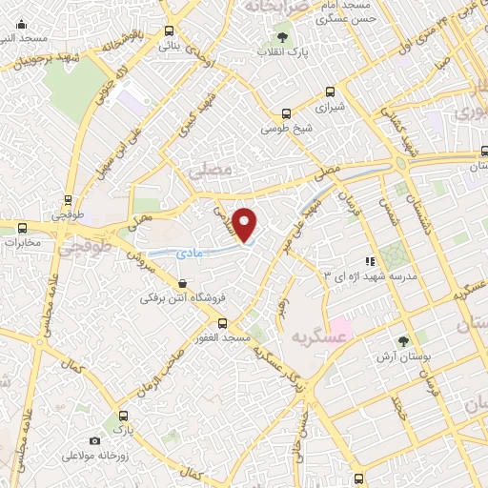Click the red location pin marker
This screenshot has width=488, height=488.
[x=246, y=224]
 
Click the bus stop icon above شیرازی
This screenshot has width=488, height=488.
[x=330, y=92]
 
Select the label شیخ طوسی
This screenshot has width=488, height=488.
[x=288, y=127]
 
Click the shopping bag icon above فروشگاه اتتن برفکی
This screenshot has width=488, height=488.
[x=182, y=283]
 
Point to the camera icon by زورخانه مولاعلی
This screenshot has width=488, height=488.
[x=94, y=440]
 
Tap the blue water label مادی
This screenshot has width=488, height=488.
[x=188, y=253]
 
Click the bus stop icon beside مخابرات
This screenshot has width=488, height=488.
[x=23, y=227]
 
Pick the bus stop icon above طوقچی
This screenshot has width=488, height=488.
[x=67, y=200]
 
